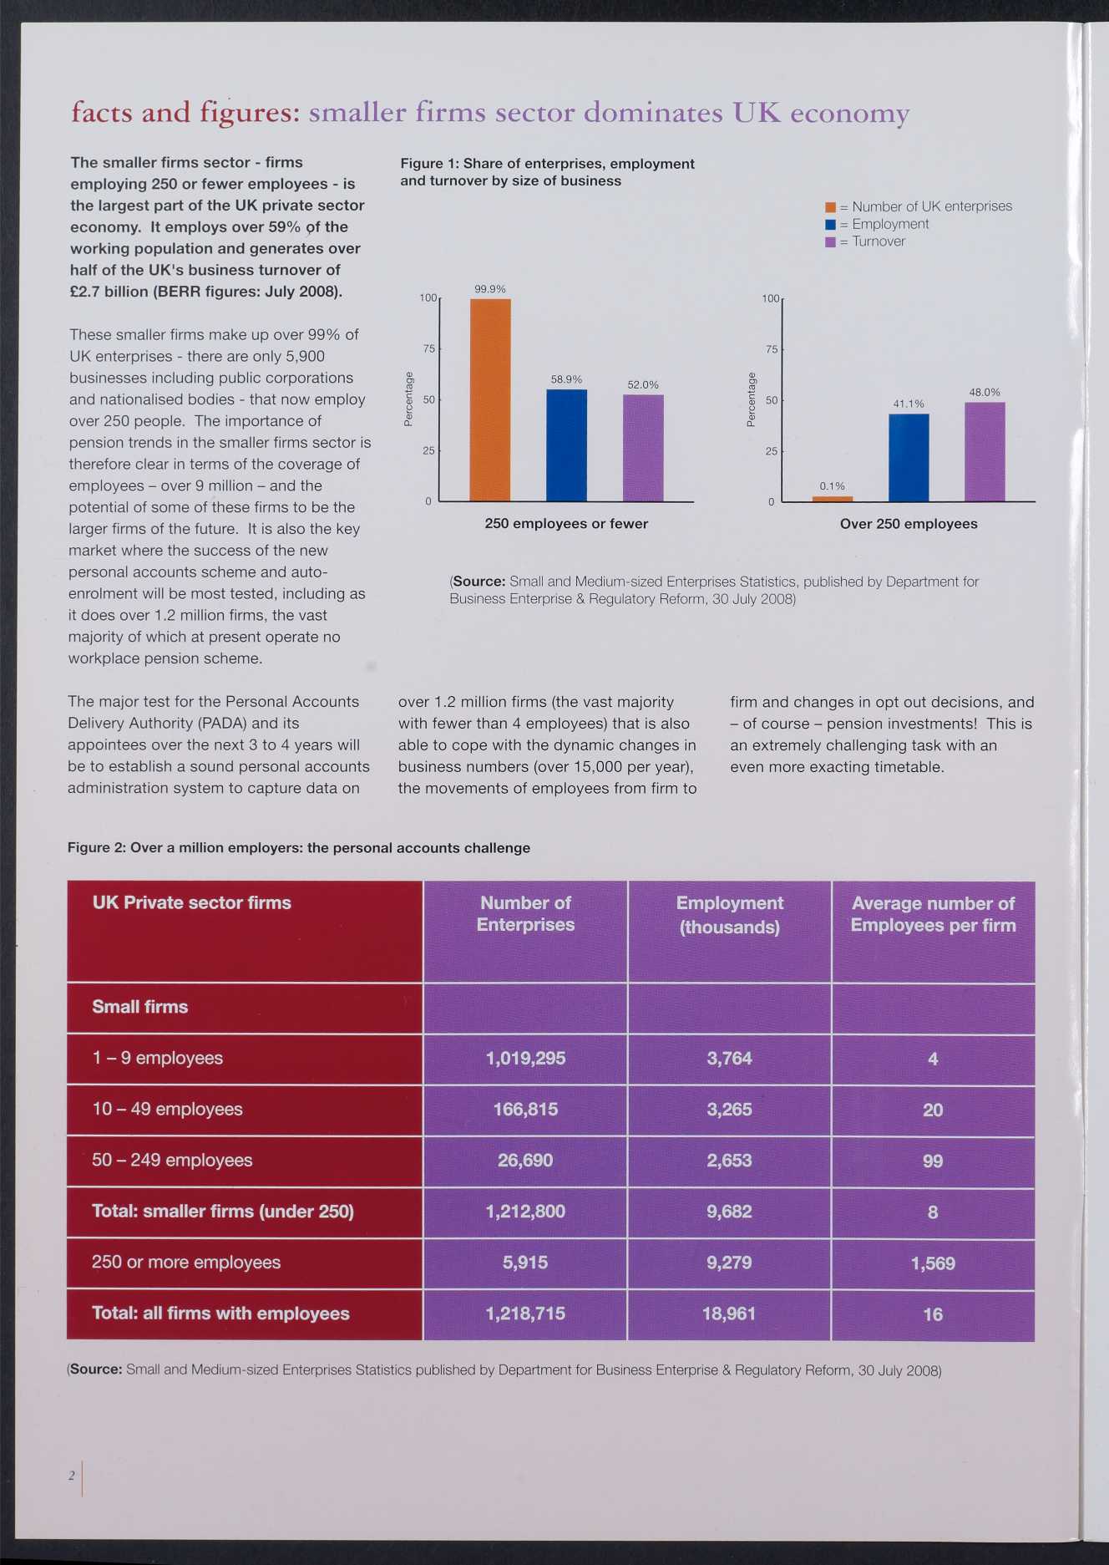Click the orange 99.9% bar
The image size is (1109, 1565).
(490, 399)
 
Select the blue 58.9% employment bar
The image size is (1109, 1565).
(566, 445)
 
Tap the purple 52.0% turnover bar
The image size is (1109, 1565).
(643, 448)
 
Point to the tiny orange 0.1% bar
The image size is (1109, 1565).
(833, 499)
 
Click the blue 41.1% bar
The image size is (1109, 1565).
(909, 457)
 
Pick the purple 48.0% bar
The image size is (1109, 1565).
(985, 452)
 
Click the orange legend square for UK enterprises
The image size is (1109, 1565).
(830, 207)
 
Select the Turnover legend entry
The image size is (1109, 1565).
(865, 241)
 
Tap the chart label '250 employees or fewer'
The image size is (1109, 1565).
(566, 524)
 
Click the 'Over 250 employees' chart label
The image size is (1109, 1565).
(909, 524)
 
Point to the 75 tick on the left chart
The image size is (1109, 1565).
(429, 348)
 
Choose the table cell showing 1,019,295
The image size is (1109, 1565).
(525, 1059)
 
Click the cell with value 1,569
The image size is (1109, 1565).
(933, 1263)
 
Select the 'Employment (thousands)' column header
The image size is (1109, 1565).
(730, 915)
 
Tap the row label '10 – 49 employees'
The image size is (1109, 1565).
(167, 1109)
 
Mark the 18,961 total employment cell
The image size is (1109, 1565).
(729, 1313)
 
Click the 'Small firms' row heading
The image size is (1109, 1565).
(140, 1007)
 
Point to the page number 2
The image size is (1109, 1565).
(72, 1476)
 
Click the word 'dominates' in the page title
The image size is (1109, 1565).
(653, 112)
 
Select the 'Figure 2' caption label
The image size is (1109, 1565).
(95, 848)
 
